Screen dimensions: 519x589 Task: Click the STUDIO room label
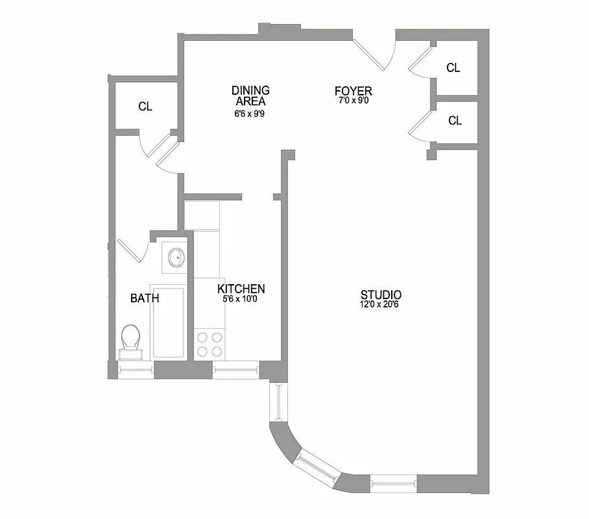(381, 294)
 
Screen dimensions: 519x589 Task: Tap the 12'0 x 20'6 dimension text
(381, 304)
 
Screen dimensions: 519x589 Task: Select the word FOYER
(353, 91)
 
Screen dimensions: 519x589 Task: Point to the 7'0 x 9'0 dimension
(353, 101)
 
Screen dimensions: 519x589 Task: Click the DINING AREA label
(250, 95)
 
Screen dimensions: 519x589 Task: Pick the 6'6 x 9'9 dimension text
(250, 113)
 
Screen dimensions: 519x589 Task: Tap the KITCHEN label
(241, 289)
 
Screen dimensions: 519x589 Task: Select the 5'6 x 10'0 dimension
(241, 299)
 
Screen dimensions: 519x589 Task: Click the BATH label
(145, 298)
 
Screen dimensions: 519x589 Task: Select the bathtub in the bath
(167, 321)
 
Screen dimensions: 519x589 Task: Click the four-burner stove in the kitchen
(209, 344)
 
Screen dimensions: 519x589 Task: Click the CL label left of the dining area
(145, 106)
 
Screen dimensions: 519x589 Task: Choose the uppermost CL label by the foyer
(454, 67)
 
